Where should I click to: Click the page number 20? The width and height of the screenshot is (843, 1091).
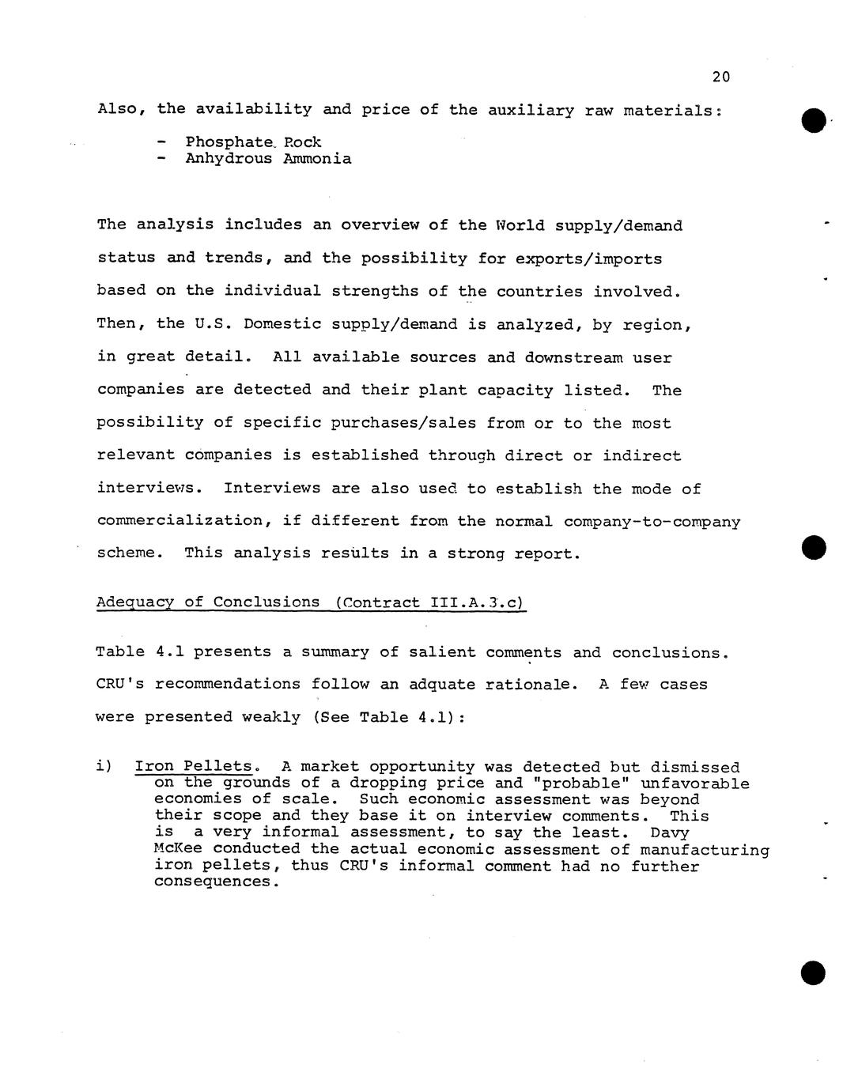pyautogui.click(x=720, y=77)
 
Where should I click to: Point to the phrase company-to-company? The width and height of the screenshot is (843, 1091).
pyautogui.click(x=652, y=522)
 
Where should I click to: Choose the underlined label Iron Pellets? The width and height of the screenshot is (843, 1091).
pyautogui.click(x=194, y=767)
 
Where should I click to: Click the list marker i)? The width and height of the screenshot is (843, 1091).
pyautogui.click(x=104, y=767)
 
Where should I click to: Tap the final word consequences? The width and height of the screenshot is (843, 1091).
pyautogui.click(x=217, y=882)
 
